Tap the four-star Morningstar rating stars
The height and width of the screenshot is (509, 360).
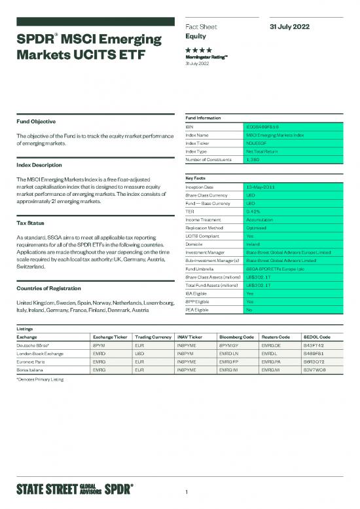pyautogui.click(x=197, y=50)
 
